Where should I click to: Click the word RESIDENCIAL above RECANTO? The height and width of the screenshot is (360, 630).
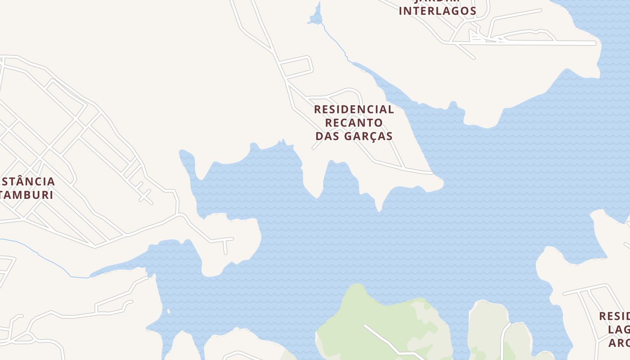354,109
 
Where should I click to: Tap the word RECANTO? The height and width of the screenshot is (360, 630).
354,122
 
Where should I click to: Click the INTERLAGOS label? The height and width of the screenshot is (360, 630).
437,11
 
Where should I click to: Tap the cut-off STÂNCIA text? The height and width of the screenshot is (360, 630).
28,182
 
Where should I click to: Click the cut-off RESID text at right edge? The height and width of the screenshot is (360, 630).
614,316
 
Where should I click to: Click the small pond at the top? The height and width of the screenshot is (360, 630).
316,17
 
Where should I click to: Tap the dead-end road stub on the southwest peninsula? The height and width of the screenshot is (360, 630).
225,247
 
